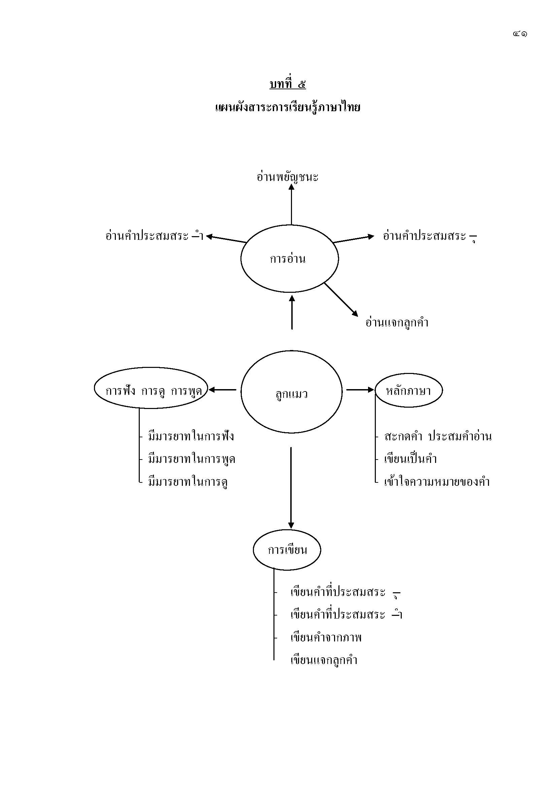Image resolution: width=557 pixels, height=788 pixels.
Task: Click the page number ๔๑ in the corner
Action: [520, 34]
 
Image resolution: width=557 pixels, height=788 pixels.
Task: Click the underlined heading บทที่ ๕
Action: [287, 84]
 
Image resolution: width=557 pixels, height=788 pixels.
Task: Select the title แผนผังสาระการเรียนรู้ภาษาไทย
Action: [287, 108]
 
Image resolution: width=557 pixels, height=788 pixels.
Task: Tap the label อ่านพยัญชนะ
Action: [287, 177]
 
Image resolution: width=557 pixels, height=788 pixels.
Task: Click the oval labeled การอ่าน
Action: [290, 259]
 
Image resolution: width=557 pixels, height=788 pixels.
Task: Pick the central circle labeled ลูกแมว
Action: [291, 392]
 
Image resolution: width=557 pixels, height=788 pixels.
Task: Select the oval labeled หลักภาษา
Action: [408, 390]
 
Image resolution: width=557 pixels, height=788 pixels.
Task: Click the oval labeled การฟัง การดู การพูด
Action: [151, 388]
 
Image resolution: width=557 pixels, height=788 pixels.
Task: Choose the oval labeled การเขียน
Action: [287, 550]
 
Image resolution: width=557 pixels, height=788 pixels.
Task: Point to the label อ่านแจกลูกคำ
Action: [397, 323]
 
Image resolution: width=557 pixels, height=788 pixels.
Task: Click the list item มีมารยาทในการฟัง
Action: [191, 437]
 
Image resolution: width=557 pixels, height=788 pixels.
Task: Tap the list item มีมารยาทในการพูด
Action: [191, 459]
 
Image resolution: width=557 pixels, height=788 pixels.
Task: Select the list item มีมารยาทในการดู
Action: [188, 482]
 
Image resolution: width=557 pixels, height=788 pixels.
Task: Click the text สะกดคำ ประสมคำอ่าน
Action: [438, 437]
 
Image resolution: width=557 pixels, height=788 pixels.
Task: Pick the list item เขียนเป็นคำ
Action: [411, 459]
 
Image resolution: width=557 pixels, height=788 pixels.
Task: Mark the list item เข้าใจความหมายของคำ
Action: [437, 482]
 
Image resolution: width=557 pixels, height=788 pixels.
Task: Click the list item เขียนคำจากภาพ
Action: [326, 638]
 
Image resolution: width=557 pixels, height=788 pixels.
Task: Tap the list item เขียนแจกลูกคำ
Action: [324, 660]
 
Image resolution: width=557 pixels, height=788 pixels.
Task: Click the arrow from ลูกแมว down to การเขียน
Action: [291, 487]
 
